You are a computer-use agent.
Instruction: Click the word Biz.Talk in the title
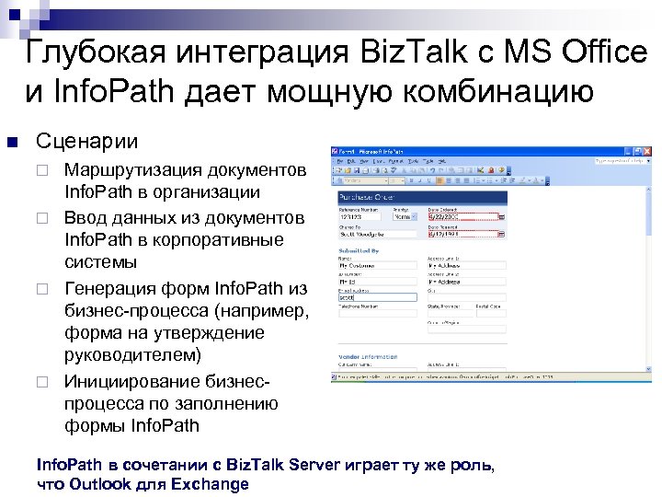click(x=404, y=52)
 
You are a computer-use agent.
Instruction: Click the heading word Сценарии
click(x=86, y=142)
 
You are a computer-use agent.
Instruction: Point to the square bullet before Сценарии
click(x=12, y=142)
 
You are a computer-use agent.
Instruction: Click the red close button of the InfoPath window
click(x=646, y=149)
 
